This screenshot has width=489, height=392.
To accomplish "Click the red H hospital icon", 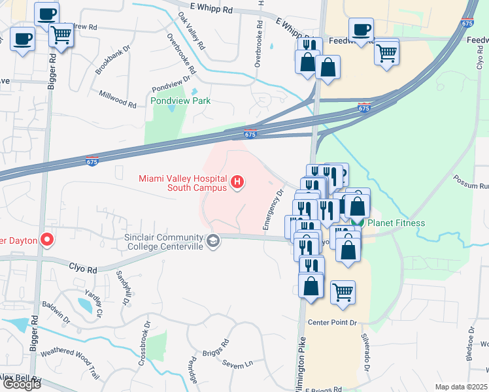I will click(x=238, y=182).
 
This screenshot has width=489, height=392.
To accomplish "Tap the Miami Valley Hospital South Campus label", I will click(x=182, y=183).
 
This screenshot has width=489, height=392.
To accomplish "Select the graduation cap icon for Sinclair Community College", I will click(x=213, y=241).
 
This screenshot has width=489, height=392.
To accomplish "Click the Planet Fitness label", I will click(x=396, y=223).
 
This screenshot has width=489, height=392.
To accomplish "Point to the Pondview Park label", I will click(x=180, y=101).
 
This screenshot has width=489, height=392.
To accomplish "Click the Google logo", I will click(x=21, y=384).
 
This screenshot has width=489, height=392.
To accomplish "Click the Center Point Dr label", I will click(x=333, y=323).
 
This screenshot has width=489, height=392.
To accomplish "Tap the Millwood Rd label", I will click(x=118, y=99).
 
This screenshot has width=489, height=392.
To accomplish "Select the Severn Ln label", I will click(x=237, y=363).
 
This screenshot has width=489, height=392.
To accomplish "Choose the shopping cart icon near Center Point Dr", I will click(x=343, y=292).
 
